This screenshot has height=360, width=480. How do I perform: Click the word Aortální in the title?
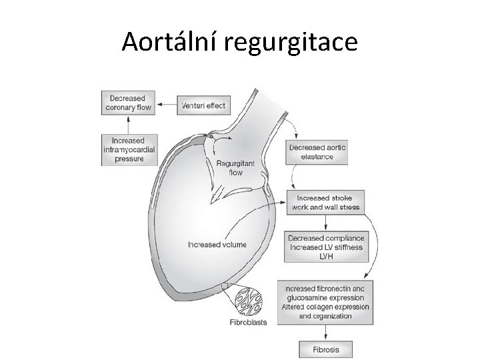click(x=169, y=42)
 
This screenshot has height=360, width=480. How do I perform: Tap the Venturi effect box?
click(x=203, y=105)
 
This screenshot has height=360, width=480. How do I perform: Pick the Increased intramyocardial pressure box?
click(x=129, y=150)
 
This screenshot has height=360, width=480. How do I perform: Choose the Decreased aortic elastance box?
click(x=319, y=153)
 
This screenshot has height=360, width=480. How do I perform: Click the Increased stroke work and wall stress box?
click(x=325, y=203)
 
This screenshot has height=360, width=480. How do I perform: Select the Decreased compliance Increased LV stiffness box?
click(x=325, y=247)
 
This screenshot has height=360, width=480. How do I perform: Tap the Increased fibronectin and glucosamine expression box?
click(x=325, y=301)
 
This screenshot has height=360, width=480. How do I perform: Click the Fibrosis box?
click(x=325, y=349)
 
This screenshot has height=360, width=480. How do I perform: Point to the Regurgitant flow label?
click(x=231, y=167)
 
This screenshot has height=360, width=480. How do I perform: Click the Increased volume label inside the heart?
click(x=217, y=245)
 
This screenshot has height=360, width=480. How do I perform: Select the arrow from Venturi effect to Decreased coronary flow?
click(x=167, y=105)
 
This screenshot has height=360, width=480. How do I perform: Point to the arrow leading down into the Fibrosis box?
click(x=325, y=333)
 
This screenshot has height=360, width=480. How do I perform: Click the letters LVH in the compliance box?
click(x=325, y=257)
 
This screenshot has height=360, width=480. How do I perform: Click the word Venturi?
click(x=194, y=105)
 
